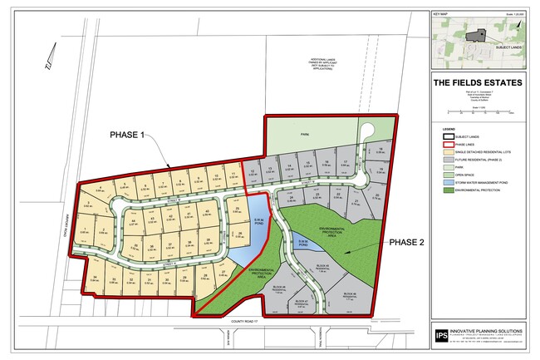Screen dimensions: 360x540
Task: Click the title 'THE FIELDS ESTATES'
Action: (477, 82)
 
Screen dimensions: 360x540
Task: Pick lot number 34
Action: (96, 278)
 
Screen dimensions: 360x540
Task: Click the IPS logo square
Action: (441, 335)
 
